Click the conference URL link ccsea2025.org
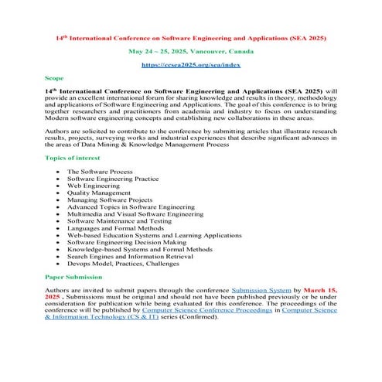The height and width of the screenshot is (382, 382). click(x=190, y=66)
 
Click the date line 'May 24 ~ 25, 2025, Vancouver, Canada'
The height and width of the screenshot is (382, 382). click(x=190, y=51)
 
